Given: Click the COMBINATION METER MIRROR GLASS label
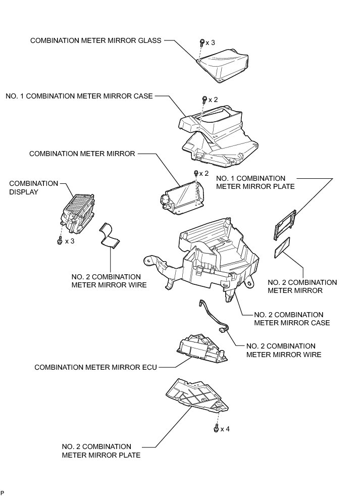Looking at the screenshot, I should tap(96, 41).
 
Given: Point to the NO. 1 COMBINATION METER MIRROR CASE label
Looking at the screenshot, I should tap(79, 96).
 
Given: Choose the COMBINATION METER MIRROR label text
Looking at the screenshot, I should tap(82, 154).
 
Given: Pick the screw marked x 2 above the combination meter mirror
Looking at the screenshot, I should tap(196, 173).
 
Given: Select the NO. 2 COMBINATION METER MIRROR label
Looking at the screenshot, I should tap(301, 286).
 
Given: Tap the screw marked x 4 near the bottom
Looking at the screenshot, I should tap(217, 429).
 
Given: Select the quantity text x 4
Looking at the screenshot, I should tap(225, 429).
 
